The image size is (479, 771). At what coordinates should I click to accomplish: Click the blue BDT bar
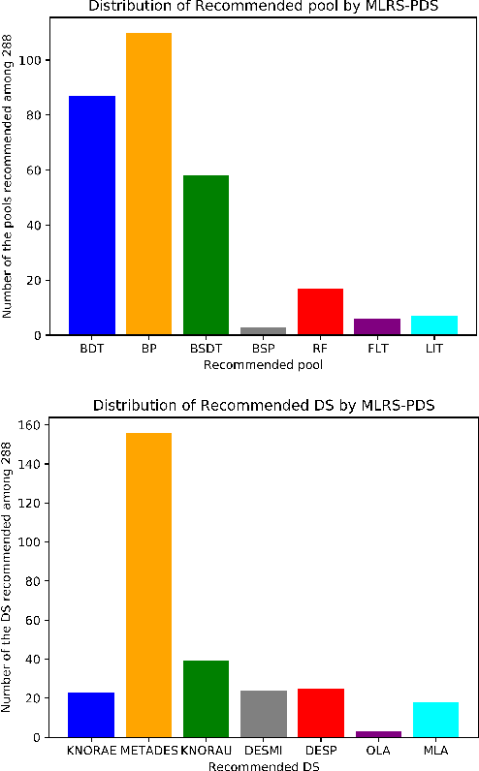pos(92,215)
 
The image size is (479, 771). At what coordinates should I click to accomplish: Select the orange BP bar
pos(148,184)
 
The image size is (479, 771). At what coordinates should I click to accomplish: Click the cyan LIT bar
pos(434,325)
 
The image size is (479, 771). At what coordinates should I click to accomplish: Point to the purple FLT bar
pos(377,327)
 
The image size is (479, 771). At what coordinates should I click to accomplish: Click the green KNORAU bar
pos(206,698)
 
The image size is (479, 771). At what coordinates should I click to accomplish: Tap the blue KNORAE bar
pos(91,715)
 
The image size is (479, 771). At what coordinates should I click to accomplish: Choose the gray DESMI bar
pos(263,714)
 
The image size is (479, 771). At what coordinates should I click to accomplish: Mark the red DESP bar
pos(320,713)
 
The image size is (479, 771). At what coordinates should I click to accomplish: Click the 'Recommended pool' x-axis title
pos(263,365)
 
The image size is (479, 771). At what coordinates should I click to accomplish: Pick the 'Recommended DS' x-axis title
pos(263,765)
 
